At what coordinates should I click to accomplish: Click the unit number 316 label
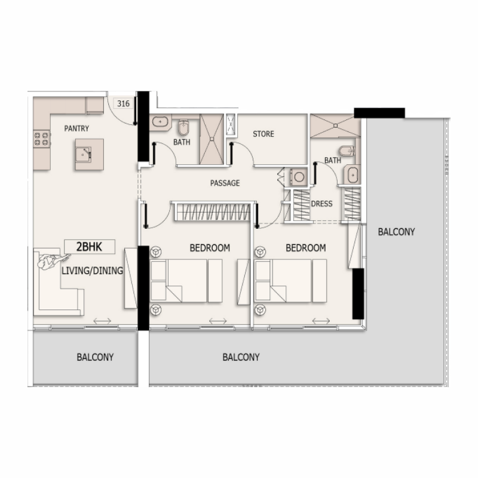pos(124,103)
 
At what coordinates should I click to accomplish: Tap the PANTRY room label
pos(77,128)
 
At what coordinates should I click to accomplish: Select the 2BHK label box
pos(89,246)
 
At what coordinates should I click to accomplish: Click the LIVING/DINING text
pos(92,271)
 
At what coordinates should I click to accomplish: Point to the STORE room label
pos(263,134)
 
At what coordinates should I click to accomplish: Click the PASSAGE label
pos(225,183)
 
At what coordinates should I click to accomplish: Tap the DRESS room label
pos(321,204)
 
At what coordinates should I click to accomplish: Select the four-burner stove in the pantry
pos(41,139)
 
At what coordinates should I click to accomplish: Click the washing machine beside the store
pos(297,177)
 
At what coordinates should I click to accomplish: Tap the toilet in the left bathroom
pos(183,128)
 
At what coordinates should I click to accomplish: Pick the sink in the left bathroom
pos(160,122)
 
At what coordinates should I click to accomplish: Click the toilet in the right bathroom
pos(345,150)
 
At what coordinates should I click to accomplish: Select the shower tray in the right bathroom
pos(335,125)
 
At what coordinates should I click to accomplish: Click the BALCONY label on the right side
pos(396,232)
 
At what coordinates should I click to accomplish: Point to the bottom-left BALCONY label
pos(95,357)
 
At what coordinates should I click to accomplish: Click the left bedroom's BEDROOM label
pos(210,248)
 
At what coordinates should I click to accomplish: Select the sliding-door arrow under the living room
pos(102,321)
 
